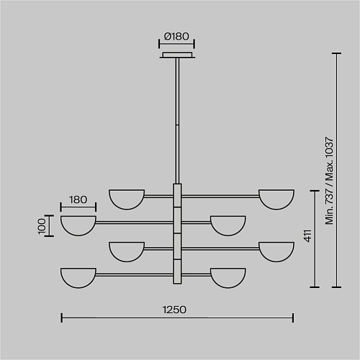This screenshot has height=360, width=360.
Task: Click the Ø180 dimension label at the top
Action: point(176,37)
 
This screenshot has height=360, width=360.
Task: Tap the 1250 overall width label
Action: point(174,310)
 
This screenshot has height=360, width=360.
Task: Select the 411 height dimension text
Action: point(307,235)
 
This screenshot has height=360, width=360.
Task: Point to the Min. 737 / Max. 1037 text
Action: point(329,181)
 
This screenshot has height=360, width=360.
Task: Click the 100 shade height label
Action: point(42,226)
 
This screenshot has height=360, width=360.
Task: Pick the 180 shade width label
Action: point(78,199)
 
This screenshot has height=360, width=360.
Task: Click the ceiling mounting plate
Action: point(177,55)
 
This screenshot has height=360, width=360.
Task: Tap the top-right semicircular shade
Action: point(276,199)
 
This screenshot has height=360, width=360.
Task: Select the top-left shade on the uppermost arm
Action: point(127,199)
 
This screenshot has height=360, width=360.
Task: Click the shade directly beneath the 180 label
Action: point(78,225)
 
